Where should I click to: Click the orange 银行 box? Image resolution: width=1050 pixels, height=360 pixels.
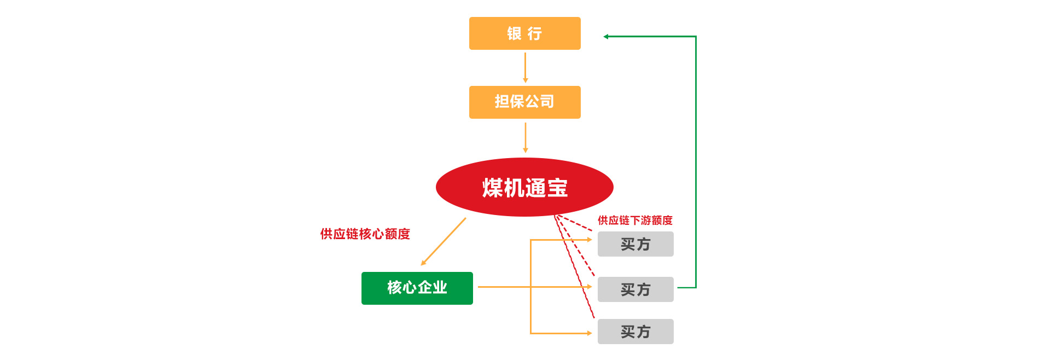(x=524, y=33)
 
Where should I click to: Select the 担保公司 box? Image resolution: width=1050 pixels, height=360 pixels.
(x=524, y=102)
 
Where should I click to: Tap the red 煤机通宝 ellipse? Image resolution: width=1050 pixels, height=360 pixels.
(x=524, y=188)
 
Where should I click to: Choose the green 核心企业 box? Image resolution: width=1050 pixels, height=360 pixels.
(x=417, y=288)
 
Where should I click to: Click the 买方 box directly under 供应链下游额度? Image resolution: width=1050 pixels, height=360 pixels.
(x=635, y=244)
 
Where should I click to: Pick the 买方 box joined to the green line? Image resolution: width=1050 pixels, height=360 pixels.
(x=635, y=289)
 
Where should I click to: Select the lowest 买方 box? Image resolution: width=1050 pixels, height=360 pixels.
(x=635, y=332)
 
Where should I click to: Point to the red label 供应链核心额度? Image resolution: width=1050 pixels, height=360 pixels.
(x=365, y=234)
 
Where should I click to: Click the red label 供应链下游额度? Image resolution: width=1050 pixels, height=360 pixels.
(x=635, y=220)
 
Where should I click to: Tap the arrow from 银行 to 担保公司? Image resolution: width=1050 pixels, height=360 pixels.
(x=525, y=67)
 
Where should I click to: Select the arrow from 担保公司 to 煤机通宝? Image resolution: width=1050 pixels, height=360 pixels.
(x=525, y=137)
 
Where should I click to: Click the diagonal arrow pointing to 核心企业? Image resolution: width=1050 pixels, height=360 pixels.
(x=444, y=241)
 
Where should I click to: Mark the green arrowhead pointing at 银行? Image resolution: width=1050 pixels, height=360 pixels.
(x=606, y=37)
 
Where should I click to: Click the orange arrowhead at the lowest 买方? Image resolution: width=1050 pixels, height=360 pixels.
(x=589, y=333)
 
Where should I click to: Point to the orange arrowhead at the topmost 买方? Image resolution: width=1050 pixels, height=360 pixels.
(x=589, y=240)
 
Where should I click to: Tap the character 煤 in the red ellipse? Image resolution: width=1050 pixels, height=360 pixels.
(x=492, y=188)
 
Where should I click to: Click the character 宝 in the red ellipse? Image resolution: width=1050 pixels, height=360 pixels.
(x=557, y=188)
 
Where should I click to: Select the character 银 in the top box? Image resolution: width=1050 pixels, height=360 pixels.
(x=514, y=34)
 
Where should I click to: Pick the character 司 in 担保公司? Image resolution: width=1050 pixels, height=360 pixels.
(x=547, y=102)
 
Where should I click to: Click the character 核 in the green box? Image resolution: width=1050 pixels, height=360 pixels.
(x=394, y=288)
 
